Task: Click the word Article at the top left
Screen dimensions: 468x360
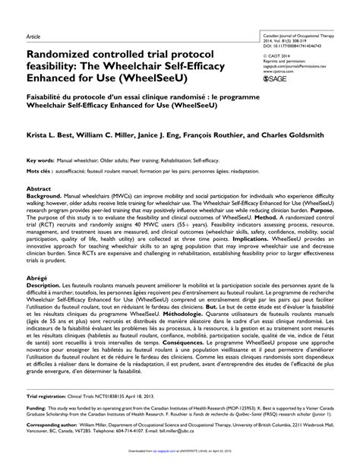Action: click(33, 36)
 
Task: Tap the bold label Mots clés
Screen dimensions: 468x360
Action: click(39, 194)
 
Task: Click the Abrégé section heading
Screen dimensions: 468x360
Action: click(36, 300)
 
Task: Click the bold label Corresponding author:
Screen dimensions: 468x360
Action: click(52, 447)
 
